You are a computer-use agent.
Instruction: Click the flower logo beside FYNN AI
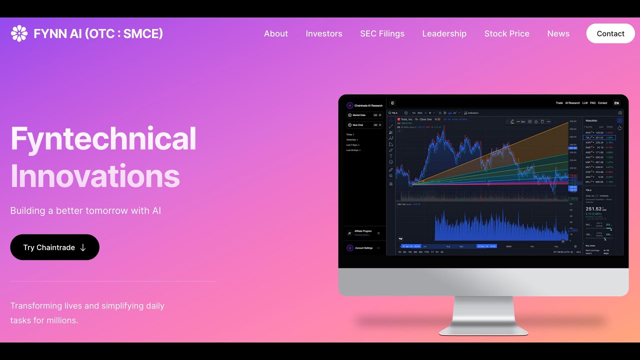tap(19, 33)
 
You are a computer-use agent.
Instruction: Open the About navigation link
tap(276, 33)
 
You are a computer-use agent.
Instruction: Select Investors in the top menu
tap(324, 33)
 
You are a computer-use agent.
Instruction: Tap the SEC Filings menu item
tap(382, 33)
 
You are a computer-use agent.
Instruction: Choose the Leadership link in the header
tap(444, 33)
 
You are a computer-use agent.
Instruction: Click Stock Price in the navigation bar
tap(506, 33)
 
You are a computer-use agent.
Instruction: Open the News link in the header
tap(558, 33)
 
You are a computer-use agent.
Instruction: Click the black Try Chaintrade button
tap(54, 247)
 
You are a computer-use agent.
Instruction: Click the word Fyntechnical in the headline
tap(103, 138)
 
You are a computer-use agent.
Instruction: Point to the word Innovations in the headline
tap(95, 176)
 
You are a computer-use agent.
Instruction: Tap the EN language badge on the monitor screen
tap(616, 103)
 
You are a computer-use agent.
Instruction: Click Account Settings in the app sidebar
tap(363, 248)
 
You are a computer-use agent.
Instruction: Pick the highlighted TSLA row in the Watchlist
tap(599, 137)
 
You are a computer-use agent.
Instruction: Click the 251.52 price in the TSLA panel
tap(593, 208)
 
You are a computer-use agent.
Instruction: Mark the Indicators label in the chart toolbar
tap(472, 113)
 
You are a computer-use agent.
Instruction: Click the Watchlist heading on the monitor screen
tap(591, 120)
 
